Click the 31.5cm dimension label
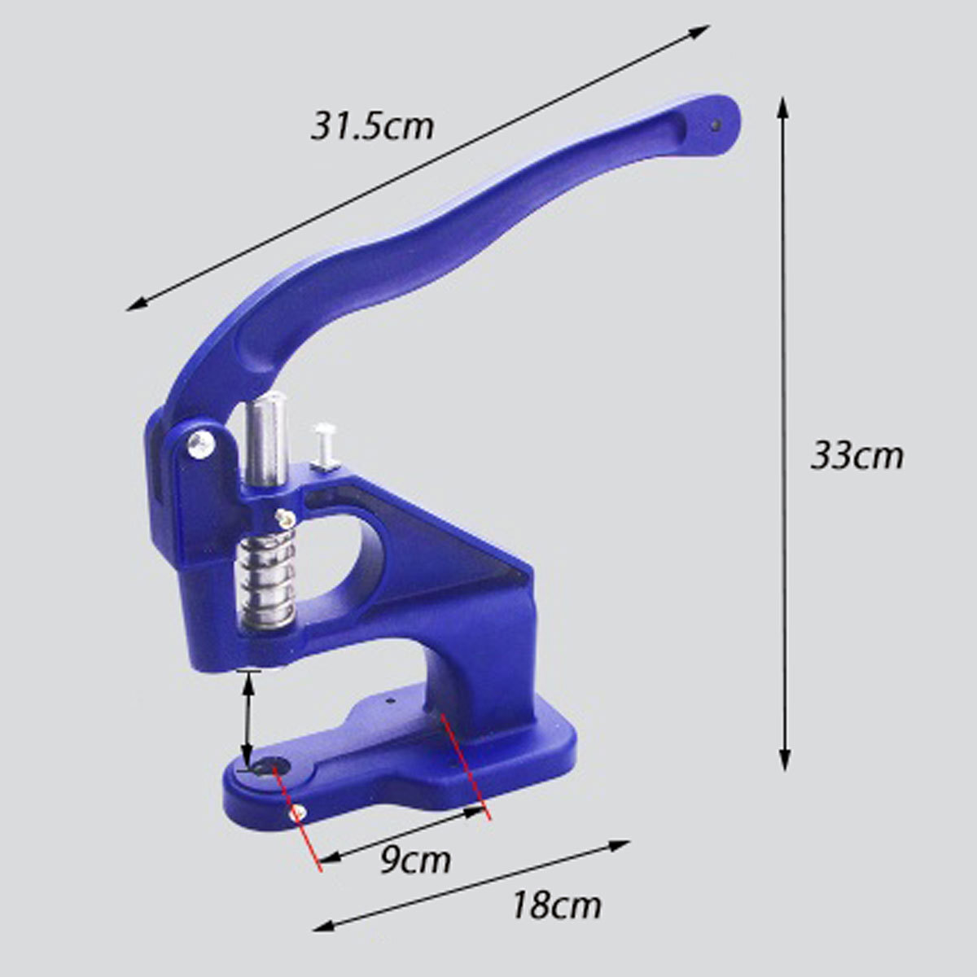(x=372, y=127)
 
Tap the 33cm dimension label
(x=857, y=456)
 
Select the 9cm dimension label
(x=415, y=860)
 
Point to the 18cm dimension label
(x=557, y=905)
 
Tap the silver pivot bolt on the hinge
(x=201, y=444)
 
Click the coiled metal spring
(x=266, y=583)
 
